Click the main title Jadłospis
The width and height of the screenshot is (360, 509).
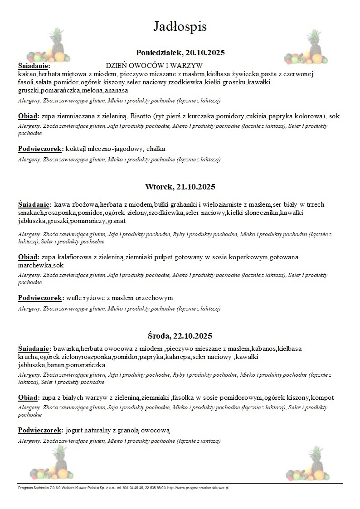click(180, 27)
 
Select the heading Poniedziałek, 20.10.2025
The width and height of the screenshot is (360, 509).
click(180, 53)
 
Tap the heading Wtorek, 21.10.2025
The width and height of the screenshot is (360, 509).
click(180, 187)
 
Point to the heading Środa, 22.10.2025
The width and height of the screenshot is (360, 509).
click(180, 336)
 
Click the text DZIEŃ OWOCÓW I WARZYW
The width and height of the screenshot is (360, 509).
click(154, 66)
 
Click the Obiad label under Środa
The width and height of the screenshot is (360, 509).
click(29, 398)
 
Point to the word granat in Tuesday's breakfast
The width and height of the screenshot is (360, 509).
click(117, 221)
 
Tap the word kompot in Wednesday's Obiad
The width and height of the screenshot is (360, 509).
click(323, 398)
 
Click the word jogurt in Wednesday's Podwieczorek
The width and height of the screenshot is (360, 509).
click(75, 430)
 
